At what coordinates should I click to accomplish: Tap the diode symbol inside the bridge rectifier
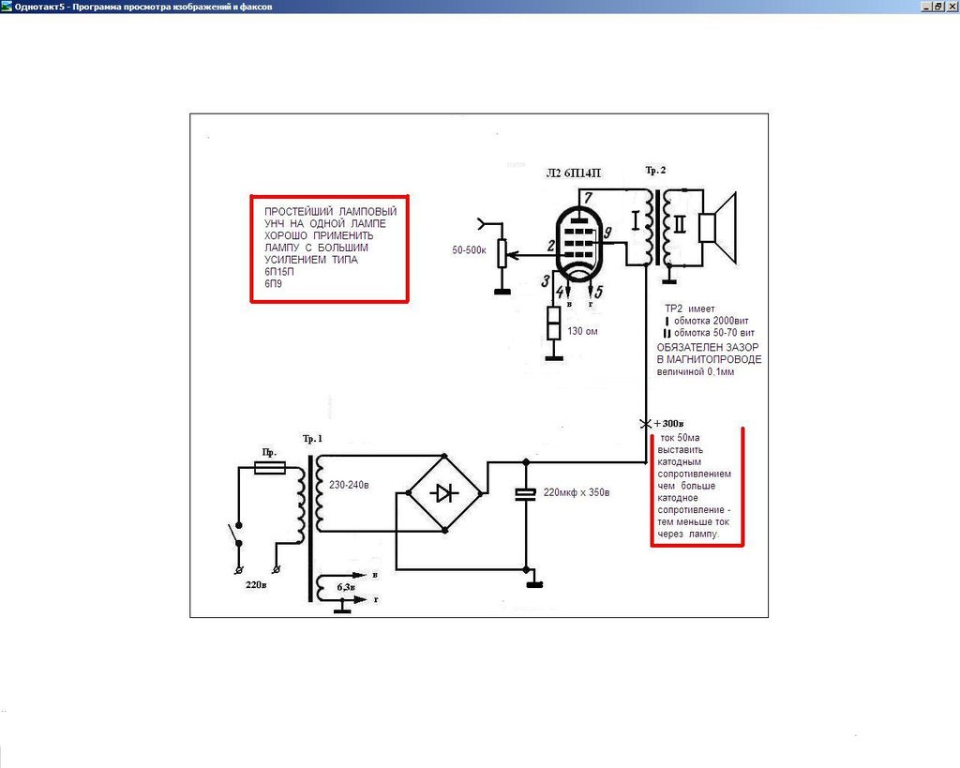pyautogui.click(x=443, y=492)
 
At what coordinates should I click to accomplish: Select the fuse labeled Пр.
pyautogui.click(x=269, y=468)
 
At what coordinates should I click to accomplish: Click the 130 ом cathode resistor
pyautogui.click(x=553, y=324)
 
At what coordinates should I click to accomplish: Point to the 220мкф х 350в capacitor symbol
pyautogui.click(x=526, y=493)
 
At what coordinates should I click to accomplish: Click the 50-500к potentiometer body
pyautogui.click(x=502, y=253)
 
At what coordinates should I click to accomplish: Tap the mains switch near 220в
pyautogui.click(x=235, y=534)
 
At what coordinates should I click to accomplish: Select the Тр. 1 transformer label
pyautogui.click(x=312, y=439)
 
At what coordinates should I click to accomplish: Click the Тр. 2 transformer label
pyautogui.click(x=655, y=171)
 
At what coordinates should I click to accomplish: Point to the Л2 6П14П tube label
pyautogui.click(x=573, y=173)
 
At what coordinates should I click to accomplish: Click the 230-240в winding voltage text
pyautogui.click(x=349, y=485)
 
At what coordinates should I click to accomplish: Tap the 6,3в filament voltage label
pyautogui.click(x=345, y=587)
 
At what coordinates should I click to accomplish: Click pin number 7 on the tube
pyautogui.click(x=588, y=197)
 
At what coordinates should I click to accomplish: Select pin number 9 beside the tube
pyautogui.click(x=607, y=233)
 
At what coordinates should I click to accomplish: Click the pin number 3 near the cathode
pyautogui.click(x=545, y=281)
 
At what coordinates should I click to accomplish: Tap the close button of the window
pyautogui.click(x=952, y=7)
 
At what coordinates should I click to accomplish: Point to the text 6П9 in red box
pyautogui.click(x=273, y=283)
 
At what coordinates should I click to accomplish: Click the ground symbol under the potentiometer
pyautogui.click(x=502, y=292)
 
